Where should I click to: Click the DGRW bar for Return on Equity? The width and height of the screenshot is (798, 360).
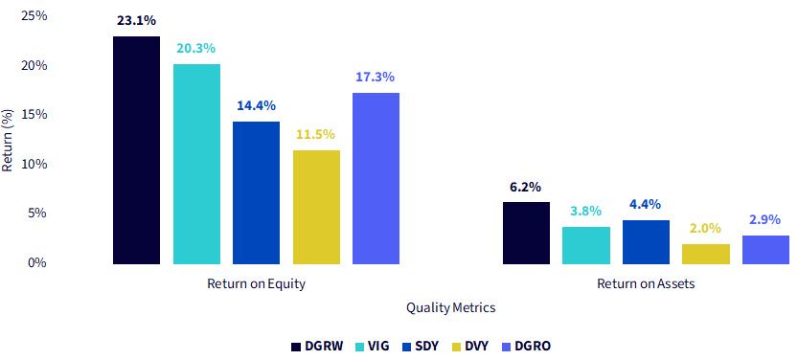136,150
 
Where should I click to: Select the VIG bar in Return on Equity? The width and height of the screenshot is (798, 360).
196,164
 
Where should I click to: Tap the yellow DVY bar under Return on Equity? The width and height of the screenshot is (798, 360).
316,207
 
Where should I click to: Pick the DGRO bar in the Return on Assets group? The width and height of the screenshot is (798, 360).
766,250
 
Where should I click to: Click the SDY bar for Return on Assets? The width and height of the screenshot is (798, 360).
646,242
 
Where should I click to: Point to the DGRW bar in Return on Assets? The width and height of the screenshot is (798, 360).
526,233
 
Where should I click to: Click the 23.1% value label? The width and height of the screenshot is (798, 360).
136,21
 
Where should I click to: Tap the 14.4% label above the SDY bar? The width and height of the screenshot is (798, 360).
256,105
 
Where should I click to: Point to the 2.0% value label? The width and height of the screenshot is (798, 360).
706,228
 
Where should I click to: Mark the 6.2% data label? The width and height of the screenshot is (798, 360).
526,187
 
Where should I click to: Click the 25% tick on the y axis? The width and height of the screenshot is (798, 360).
34,16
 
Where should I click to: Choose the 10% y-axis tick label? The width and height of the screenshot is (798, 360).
34,165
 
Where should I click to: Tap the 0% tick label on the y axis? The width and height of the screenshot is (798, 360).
37,263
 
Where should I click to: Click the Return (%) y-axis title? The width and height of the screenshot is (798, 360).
8,140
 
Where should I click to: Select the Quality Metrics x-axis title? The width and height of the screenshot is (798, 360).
451,307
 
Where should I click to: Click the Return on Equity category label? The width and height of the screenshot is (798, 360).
256,283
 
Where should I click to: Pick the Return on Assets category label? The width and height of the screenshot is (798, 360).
646,283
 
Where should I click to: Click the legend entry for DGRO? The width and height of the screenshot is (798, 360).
527,347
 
